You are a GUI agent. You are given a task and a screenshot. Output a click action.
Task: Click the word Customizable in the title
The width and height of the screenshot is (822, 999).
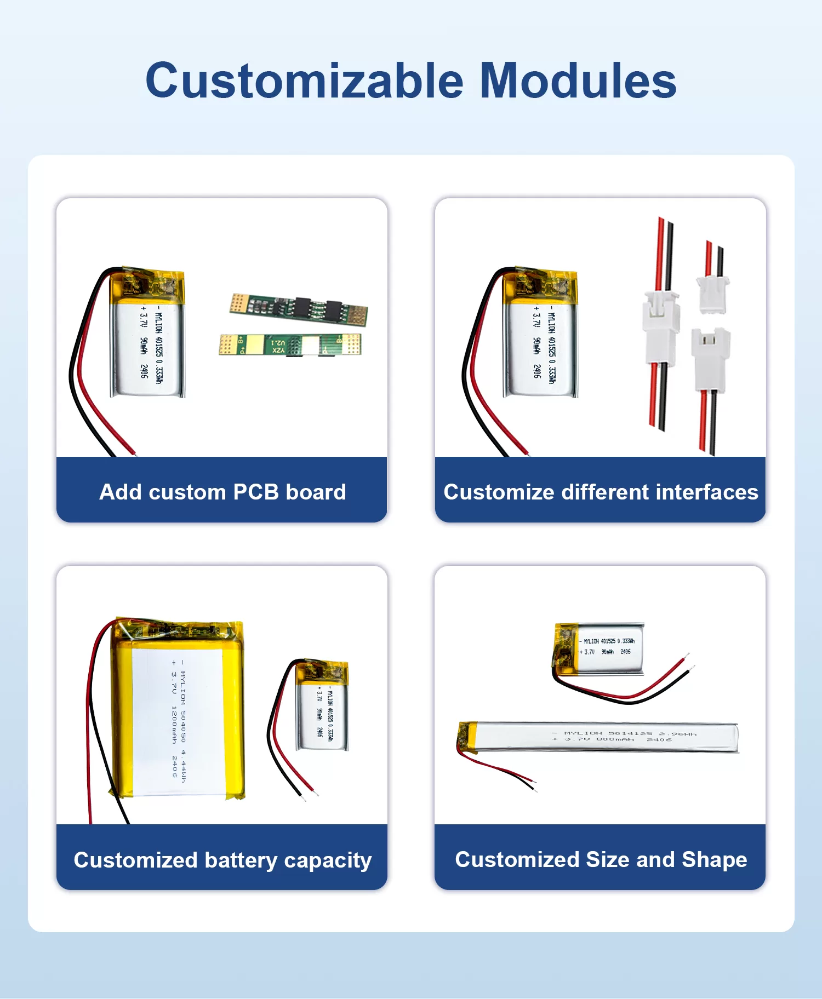pos(304,81)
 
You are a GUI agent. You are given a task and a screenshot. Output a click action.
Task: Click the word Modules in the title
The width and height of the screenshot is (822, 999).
pos(578,81)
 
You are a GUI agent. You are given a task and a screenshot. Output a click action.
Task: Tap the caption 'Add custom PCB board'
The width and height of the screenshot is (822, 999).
pos(222,492)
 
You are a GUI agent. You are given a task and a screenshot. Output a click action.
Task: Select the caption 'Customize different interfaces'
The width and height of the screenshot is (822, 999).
pos(601,492)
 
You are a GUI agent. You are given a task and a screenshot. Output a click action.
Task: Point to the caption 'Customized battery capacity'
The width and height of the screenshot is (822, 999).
pos(222,860)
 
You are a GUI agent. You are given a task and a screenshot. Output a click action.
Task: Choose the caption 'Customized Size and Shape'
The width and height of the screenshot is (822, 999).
pos(601,860)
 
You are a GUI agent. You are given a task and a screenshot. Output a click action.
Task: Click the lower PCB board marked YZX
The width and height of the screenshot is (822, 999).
pos(290,345)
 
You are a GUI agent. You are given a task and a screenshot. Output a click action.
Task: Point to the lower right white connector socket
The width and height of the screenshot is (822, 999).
pos(711,359)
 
